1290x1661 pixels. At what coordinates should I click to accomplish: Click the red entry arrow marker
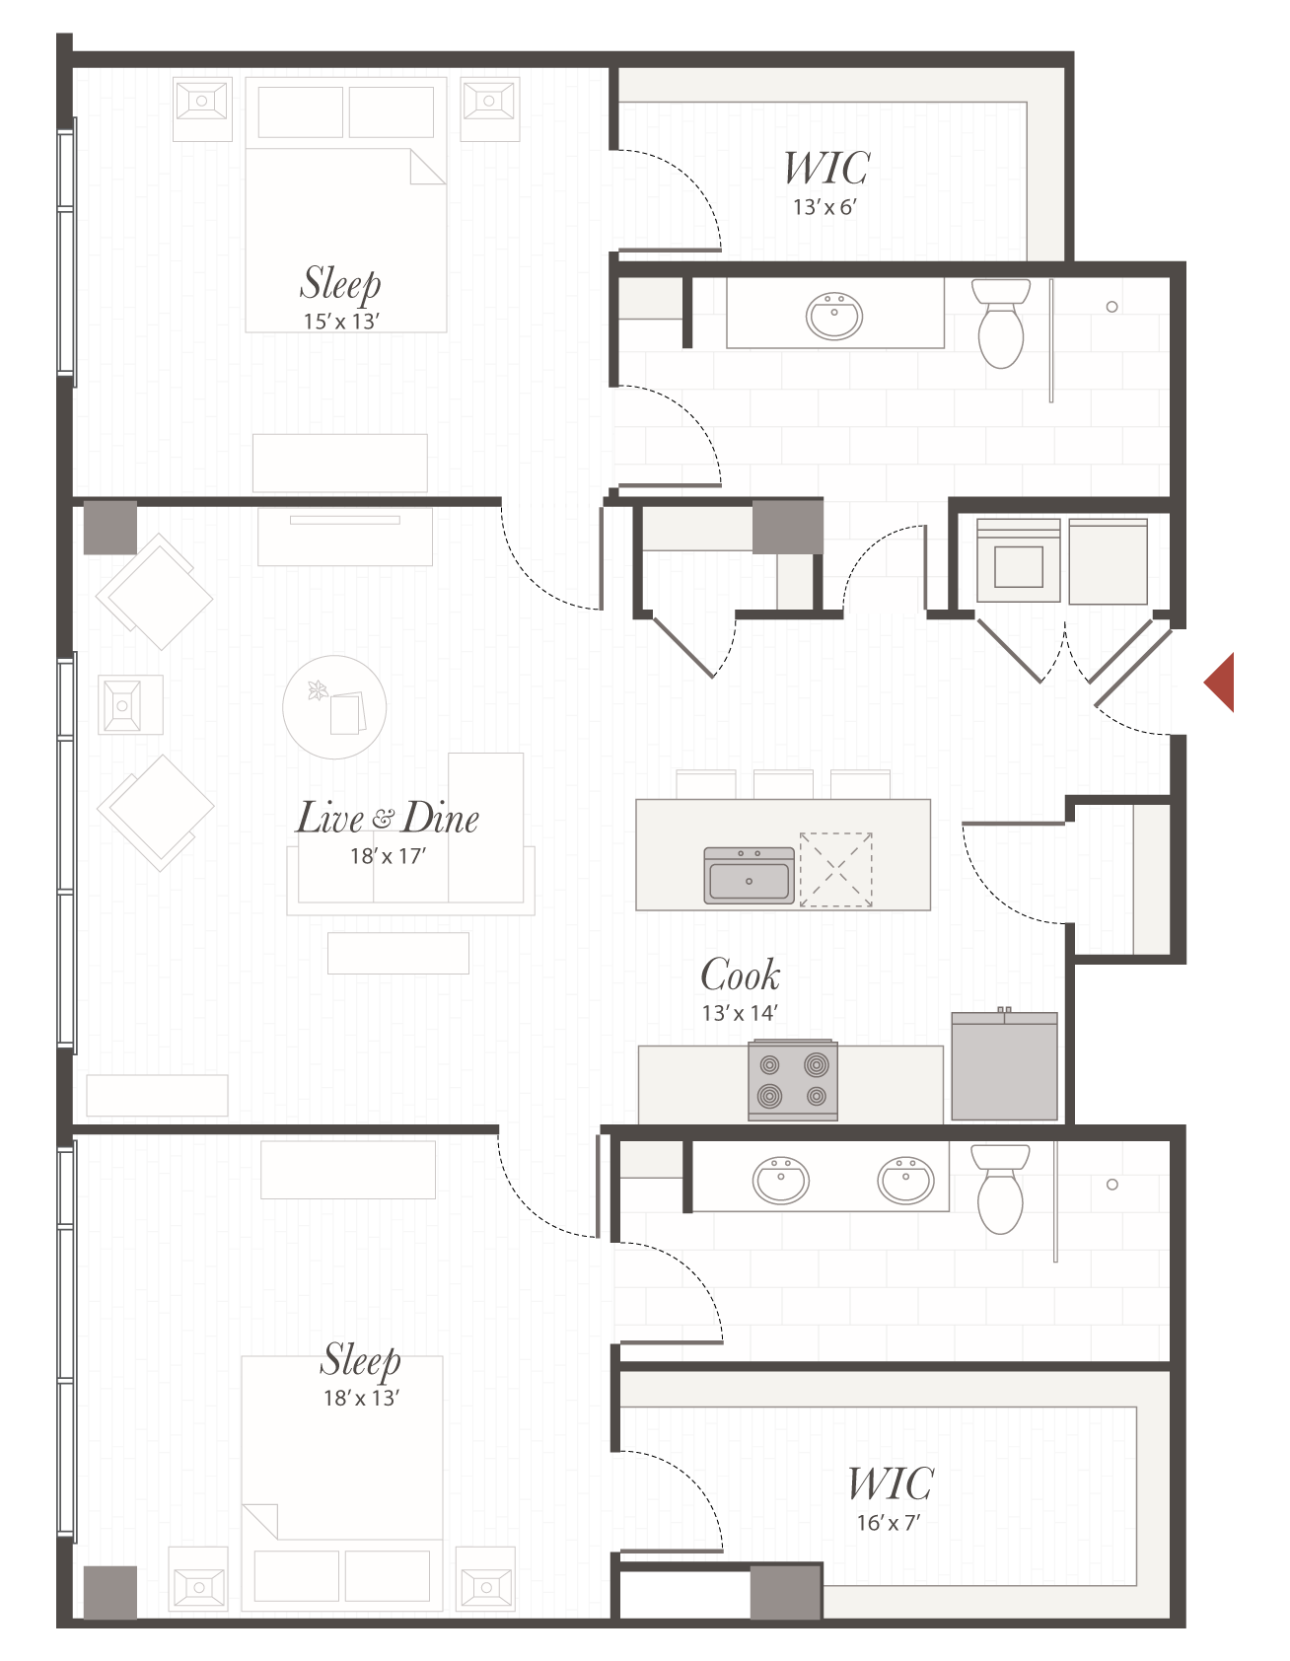(1222, 682)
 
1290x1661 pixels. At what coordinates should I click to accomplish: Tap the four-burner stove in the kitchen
(793, 1080)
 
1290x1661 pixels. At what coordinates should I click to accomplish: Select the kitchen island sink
(750, 876)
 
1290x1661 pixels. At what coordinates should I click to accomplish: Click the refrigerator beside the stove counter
(1004, 1067)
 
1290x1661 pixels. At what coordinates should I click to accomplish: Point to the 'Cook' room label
(740, 975)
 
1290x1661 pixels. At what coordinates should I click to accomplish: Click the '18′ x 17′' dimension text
(388, 856)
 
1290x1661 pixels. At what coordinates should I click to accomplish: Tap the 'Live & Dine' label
(388, 819)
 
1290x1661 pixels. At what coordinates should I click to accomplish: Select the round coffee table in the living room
(334, 706)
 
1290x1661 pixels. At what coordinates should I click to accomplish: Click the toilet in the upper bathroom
(1001, 324)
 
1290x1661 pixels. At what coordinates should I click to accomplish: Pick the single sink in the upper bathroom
(834, 316)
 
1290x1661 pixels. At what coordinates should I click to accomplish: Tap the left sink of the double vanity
(781, 1181)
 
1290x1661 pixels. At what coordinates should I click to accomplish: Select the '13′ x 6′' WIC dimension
(824, 207)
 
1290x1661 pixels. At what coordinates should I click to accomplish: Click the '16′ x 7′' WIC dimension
(888, 1523)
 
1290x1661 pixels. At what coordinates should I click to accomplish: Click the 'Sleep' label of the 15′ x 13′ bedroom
(340, 283)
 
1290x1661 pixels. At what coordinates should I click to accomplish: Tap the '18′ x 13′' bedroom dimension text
(361, 1398)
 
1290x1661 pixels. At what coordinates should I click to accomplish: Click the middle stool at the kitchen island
(783, 785)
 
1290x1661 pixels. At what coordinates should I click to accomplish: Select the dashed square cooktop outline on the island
(835, 869)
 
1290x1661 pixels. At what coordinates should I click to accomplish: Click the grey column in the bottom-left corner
(109, 1591)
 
